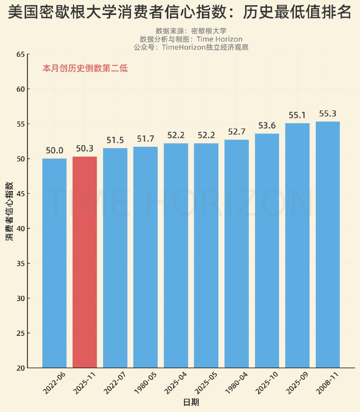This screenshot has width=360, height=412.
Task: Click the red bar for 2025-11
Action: pyautogui.click(x=84, y=262)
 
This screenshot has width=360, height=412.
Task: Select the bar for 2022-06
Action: pyautogui.click(x=54, y=263)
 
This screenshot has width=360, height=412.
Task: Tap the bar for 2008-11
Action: pyautogui.click(x=328, y=245)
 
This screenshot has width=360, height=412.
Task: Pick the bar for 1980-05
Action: pyautogui.click(x=145, y=257)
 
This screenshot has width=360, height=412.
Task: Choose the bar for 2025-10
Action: pyautogui.click(x=267, y=250)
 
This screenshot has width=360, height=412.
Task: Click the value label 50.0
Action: pyautogui.click(x=54, y=150)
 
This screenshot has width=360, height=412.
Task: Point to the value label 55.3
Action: pyautogui.click(x=328, y=114)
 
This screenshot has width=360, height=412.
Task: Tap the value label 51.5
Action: pyautogui.click(x=115, y=140)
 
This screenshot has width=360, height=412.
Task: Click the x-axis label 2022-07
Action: pyautogui.click(x=114, y=384)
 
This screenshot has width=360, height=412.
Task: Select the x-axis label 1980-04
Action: pyautogui.click(x=236, y=384)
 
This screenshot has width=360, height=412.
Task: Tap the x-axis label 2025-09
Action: pyautogui.click(x=297, y=384)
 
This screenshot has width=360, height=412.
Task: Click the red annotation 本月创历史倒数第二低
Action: pyautogui.click(x=85, y=68)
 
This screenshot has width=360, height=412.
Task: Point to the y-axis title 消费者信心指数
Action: pyautogui.click(x=9, y=211)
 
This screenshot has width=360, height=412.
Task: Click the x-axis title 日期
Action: pyautogui.click(x=191, y=402)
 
